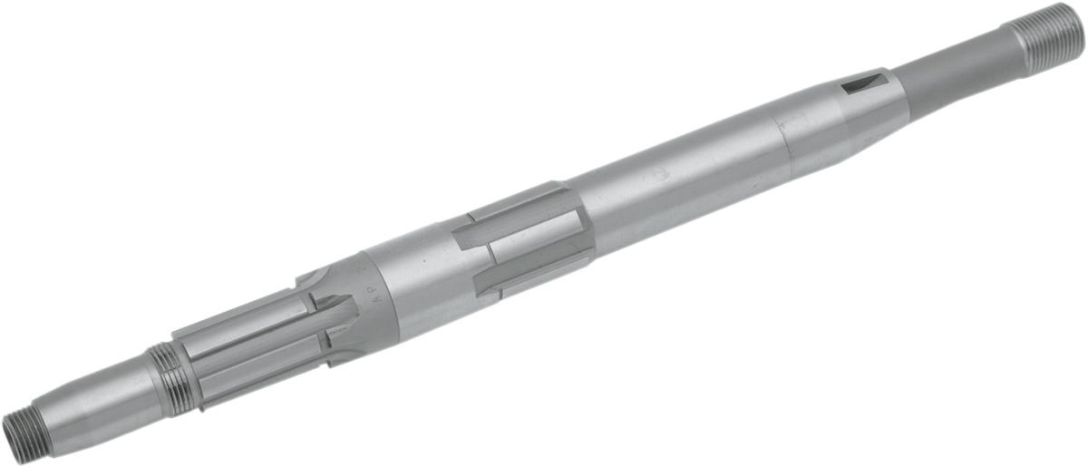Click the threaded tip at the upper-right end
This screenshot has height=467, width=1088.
(1048, 38)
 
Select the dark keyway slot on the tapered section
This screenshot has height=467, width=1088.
(863, 83)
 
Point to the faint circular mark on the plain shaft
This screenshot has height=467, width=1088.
(677, 175)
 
